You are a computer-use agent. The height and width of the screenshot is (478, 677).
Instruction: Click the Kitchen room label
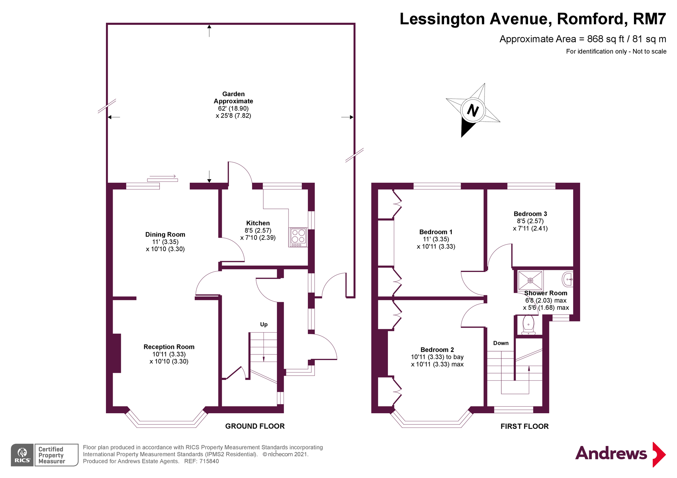pos(258,223)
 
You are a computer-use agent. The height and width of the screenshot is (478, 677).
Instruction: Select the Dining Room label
pos(165,235)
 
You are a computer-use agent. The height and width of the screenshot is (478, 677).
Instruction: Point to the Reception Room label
pos(169,347)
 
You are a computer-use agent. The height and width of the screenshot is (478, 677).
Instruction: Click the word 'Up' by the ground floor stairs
pos(264,325)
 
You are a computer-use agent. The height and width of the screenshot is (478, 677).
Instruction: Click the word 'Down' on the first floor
pos(501,343)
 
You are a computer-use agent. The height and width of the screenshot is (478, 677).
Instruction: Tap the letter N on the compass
pos(473,110)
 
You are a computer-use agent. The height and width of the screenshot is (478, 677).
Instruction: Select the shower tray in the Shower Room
pos(530,280)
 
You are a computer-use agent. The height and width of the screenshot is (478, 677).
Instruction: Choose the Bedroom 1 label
pos(436,232)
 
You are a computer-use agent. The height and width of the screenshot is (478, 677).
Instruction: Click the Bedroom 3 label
pos(530,214)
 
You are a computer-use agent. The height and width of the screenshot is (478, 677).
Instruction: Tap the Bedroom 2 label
pos(437,350)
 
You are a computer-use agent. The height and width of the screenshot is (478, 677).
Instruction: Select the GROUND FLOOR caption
pos(255,426)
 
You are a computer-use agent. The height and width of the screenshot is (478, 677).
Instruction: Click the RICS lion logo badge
pos(22,455)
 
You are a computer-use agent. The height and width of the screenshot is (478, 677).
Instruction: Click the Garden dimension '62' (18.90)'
pos(233,109)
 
